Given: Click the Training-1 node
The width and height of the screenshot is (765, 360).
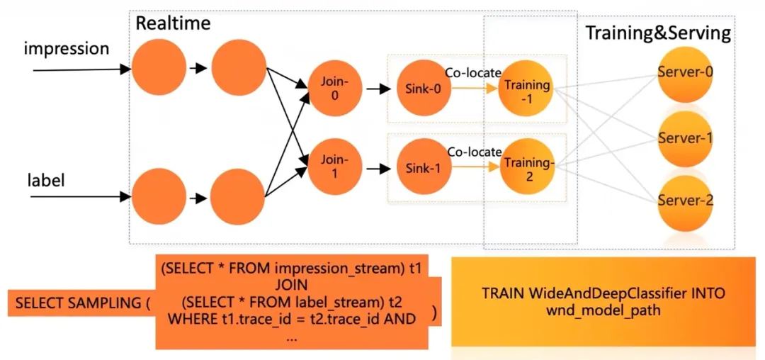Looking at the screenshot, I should pyautogui.click(x=525, y=90).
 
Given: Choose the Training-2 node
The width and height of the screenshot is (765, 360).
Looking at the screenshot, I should pyautogui.click(x=525, y=168).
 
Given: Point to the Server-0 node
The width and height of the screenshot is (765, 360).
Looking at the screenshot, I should pyautogui.click(x=685, y=72).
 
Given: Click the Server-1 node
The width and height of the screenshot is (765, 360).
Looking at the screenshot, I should pyautogui.click(x=685, y=138).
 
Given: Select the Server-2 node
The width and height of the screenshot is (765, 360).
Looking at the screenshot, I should pyautogui.click(x=685, y=201).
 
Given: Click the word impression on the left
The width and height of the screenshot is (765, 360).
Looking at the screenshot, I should pyautogui.click(x=67, y=49).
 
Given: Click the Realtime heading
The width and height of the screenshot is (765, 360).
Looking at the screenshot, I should pyautogui.click(x=173, y=23).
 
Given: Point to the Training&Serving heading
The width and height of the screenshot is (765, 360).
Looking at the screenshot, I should pyautogui.click(x=657, y=33).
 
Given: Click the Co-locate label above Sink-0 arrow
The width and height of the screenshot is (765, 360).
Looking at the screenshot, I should pyautogui.click(x=472, y=72).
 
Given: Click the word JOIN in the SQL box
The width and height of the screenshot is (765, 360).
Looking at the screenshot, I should pyautogui.click(x=291, y=285).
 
